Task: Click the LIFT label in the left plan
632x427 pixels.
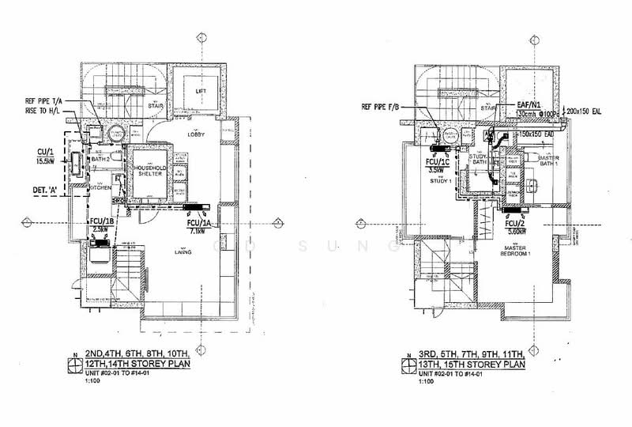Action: (x=200, y=92)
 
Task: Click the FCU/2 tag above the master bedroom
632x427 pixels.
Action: (x=516, y=224)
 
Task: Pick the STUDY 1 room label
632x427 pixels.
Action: (x=440, y=180)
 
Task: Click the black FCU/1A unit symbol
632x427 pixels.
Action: (x=194, y=210)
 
